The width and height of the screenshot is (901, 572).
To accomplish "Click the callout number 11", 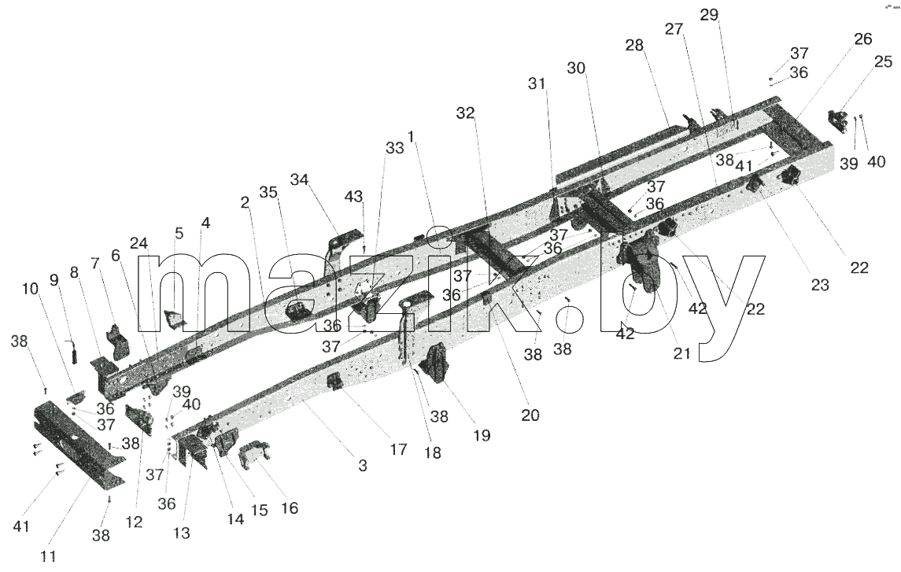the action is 48,556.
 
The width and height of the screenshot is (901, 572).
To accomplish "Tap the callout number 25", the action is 883,61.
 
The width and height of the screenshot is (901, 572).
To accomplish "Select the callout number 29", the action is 709,15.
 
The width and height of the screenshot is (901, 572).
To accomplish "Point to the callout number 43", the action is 354,197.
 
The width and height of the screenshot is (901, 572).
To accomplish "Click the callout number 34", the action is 299,179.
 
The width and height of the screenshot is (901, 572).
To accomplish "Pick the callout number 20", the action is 530,415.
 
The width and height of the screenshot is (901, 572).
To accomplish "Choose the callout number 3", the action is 362,466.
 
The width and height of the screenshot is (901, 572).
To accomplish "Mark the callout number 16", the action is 290,508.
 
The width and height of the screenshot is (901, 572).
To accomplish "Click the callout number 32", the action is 465,114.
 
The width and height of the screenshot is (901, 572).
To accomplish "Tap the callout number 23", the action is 820,285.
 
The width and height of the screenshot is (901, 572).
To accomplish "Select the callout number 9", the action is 54,280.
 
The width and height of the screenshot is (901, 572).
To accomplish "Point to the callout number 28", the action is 634,45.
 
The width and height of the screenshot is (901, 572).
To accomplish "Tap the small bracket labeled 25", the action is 838,121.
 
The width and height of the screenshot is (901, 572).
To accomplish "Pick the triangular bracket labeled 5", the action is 174,320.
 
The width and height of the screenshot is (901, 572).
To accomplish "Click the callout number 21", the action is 681,354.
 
